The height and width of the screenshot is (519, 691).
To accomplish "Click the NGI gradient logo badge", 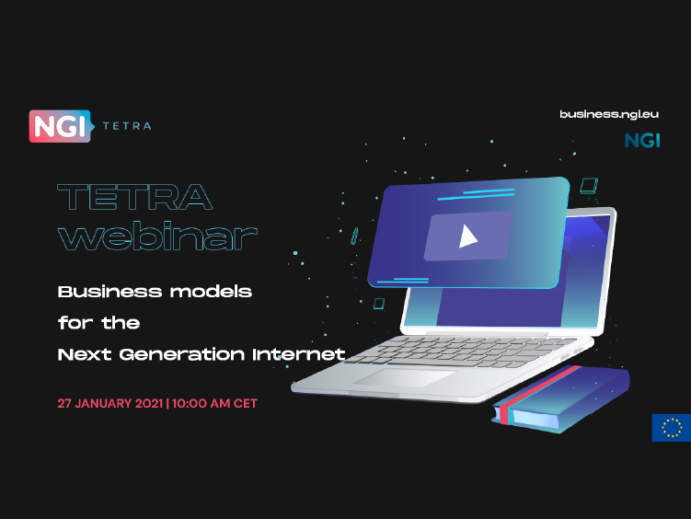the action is point(62,126).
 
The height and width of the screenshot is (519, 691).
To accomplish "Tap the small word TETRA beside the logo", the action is point(127,126).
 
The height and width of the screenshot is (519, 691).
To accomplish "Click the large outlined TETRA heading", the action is point(135,197).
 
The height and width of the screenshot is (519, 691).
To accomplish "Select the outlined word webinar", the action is point(157,236).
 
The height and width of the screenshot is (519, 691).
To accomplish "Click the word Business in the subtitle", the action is point(110,292).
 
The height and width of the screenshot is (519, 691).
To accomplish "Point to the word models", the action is point(211,292).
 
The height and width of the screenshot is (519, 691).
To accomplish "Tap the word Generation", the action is point(181,354).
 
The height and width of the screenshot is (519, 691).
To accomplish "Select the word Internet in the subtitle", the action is point(298,354).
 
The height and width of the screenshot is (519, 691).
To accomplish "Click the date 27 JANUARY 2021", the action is point(110,404).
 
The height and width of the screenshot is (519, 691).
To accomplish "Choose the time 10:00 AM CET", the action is point(214,404).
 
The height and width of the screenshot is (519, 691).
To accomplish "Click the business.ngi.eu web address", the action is point(609,114).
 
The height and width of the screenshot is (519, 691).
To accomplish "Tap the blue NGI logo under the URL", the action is point(642,141).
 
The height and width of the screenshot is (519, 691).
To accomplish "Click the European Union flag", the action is point(671,427).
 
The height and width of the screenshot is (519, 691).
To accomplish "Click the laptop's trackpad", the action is point(403,377).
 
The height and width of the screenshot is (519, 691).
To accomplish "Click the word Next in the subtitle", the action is point(84,354).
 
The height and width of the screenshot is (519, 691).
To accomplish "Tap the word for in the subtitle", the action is point(75,323).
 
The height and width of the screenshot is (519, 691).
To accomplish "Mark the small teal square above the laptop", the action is point(589,186).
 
